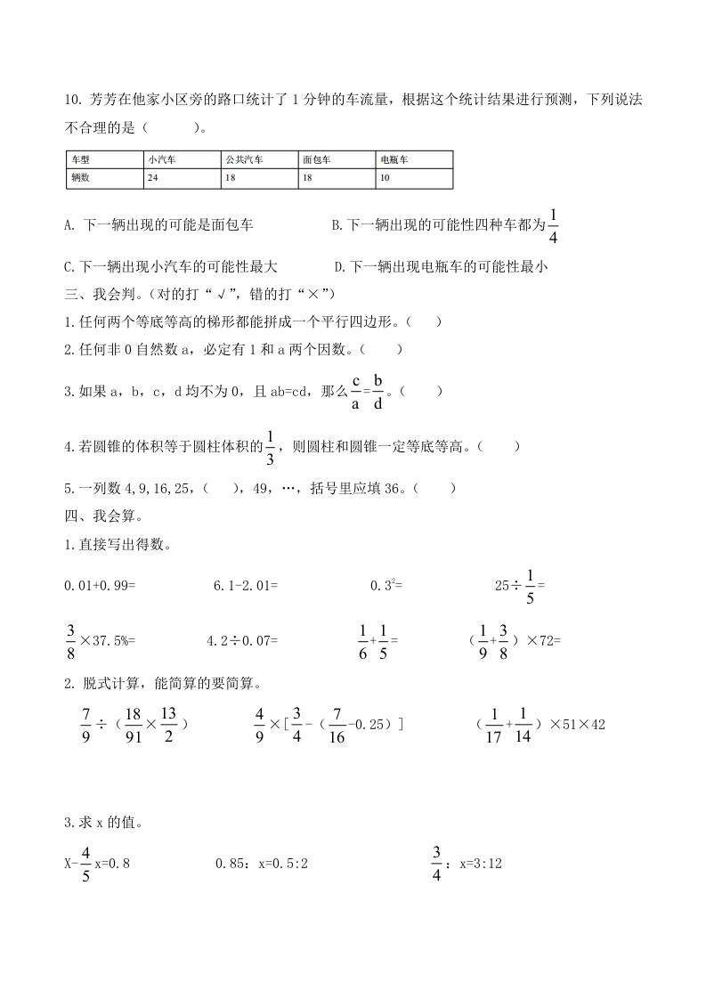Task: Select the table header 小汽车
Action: click(163, 160)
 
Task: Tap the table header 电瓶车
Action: click(394, 160)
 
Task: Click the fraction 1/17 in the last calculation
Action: click(496, 724)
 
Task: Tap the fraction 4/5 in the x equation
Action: click(85, 863)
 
